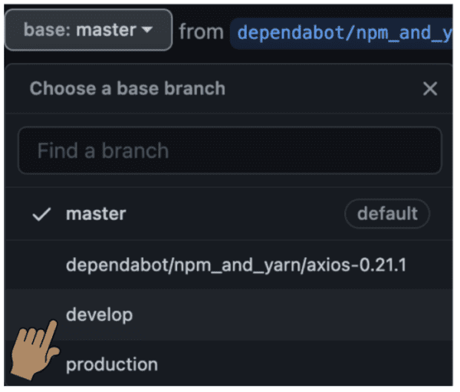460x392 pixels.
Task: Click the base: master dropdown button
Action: click(x=88, y=31)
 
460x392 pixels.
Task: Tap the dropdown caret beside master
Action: click(x=147, y=31)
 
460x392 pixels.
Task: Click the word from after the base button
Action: click(x=201, y=31)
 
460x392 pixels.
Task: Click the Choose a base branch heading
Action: click(x=127, y=88)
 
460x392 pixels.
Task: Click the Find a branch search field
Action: click(x=229, y=150)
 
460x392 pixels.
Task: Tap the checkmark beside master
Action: click(x=41, y=215)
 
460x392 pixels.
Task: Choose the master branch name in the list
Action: click(x=96, y=214)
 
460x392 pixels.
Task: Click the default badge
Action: click(x=387, y=214)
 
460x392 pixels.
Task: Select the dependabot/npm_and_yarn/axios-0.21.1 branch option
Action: click(x=236, y=265)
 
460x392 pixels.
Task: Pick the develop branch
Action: click(x=99, y=315)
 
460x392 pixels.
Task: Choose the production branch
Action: click(x=112, y=364)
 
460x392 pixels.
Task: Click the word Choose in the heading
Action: click(x=58, y=88)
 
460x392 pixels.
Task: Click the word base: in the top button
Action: click(x=45, y=31)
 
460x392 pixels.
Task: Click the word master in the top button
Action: click(x=107, y=31)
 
